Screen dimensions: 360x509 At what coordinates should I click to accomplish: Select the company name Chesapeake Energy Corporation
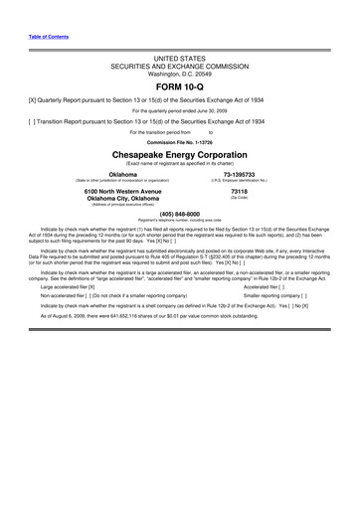point(179,156)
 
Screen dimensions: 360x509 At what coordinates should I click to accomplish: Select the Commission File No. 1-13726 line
point(179,141)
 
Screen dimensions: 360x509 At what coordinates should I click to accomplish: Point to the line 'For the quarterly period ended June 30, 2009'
point(179,110)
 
